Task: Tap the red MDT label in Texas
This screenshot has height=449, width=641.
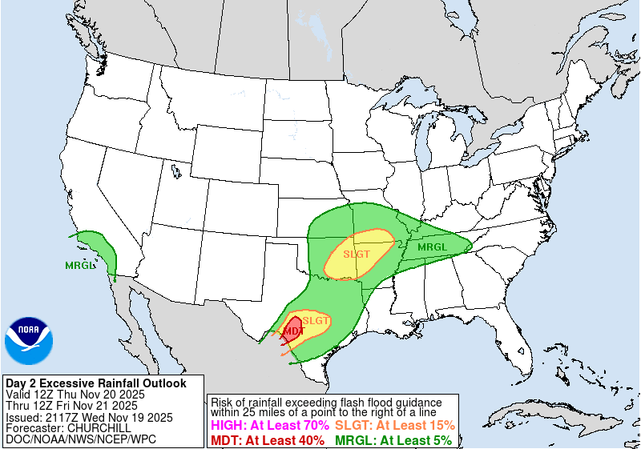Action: click(x=293, y=331)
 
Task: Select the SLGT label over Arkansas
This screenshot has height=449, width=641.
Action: click(x=357, y=255)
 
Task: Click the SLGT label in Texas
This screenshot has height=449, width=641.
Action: click(x=316, y=321)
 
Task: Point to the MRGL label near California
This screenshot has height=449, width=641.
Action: click(x=79, y=265)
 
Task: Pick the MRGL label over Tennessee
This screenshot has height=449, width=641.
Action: click(x=432, y=247)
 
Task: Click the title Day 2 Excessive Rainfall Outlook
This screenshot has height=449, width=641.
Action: click(x=95, y=383)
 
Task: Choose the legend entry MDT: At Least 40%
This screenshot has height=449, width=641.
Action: click(x=267, y=439)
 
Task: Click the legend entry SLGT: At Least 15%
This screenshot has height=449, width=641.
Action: click(x=395, y=425)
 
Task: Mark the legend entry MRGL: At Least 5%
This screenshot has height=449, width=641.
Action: click(x=393, y=439)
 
